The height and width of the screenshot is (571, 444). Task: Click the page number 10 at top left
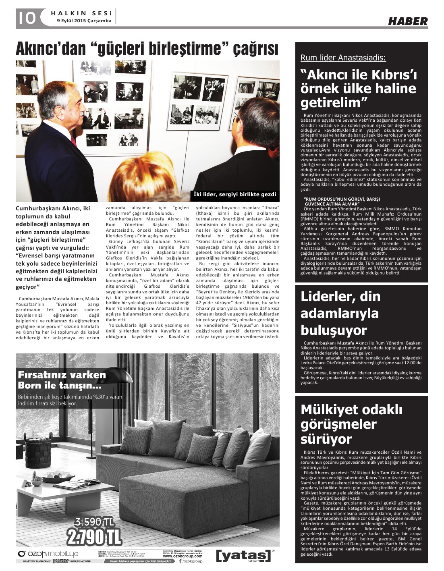[27, 17]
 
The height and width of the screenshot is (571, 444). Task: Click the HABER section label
[408, 21]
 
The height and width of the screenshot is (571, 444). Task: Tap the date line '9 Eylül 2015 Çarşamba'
[84, 21]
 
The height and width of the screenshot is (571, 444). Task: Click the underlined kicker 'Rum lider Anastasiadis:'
[343, 58]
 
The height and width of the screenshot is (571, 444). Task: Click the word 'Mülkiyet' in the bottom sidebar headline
[330, 409]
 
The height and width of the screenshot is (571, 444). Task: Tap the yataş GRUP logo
[243, 555]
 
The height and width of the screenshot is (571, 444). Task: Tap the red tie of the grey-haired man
[74, 141]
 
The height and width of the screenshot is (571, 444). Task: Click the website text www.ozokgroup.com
[182, 556]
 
